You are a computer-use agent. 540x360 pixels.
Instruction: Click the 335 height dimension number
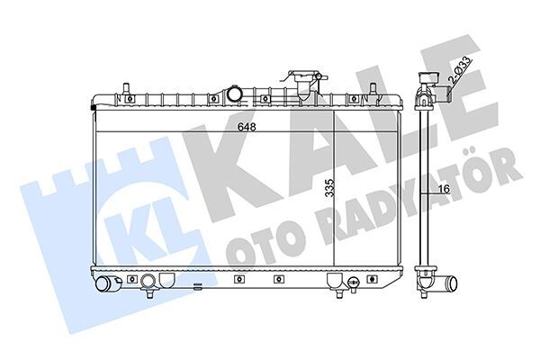[x=330, y=188]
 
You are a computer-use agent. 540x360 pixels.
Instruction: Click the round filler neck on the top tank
[x=235, y=94]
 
